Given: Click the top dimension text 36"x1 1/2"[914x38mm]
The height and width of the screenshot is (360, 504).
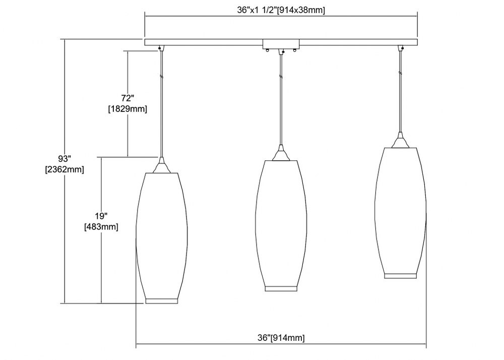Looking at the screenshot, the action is (x=281, y=10).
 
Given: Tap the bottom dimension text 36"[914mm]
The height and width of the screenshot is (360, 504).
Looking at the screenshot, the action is (x=281, y=337).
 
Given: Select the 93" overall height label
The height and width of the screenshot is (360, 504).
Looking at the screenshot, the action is (x=65, y=158).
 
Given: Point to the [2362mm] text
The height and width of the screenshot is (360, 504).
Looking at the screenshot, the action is (x=65, y=169).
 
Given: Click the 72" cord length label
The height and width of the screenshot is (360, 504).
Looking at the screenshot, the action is (x=128, y=98).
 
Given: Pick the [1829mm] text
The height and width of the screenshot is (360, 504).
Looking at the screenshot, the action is (x=128, y=109).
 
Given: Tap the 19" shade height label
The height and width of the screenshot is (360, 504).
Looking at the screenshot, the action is (x=101, y=216).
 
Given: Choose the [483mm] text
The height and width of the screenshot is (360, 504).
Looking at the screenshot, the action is (x=101, y=227).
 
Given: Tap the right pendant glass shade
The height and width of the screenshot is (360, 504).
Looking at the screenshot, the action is (x=401, y=213).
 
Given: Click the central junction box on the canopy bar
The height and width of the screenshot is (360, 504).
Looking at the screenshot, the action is (x=281, y=44).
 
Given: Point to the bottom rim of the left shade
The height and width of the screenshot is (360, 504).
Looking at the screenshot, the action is (x=162, y=301).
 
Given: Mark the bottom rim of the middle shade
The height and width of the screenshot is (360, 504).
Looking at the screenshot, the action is (x=281, y=288).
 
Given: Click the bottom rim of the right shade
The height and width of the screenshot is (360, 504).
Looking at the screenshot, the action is (x=401, y=276).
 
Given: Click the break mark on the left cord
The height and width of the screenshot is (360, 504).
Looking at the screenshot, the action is (x=162, y=77).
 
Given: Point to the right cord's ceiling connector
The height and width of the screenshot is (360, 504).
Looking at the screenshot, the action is (x=401, y=48).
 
